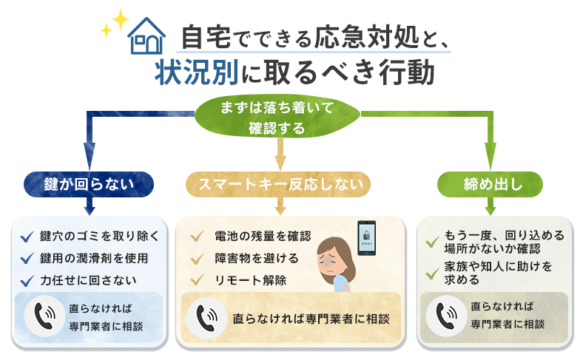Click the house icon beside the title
pos(147,36)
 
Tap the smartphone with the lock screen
pos(368,238)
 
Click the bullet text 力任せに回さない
pos(89,280)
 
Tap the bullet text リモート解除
pos(247,280)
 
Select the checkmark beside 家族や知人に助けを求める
pos(432,273)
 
